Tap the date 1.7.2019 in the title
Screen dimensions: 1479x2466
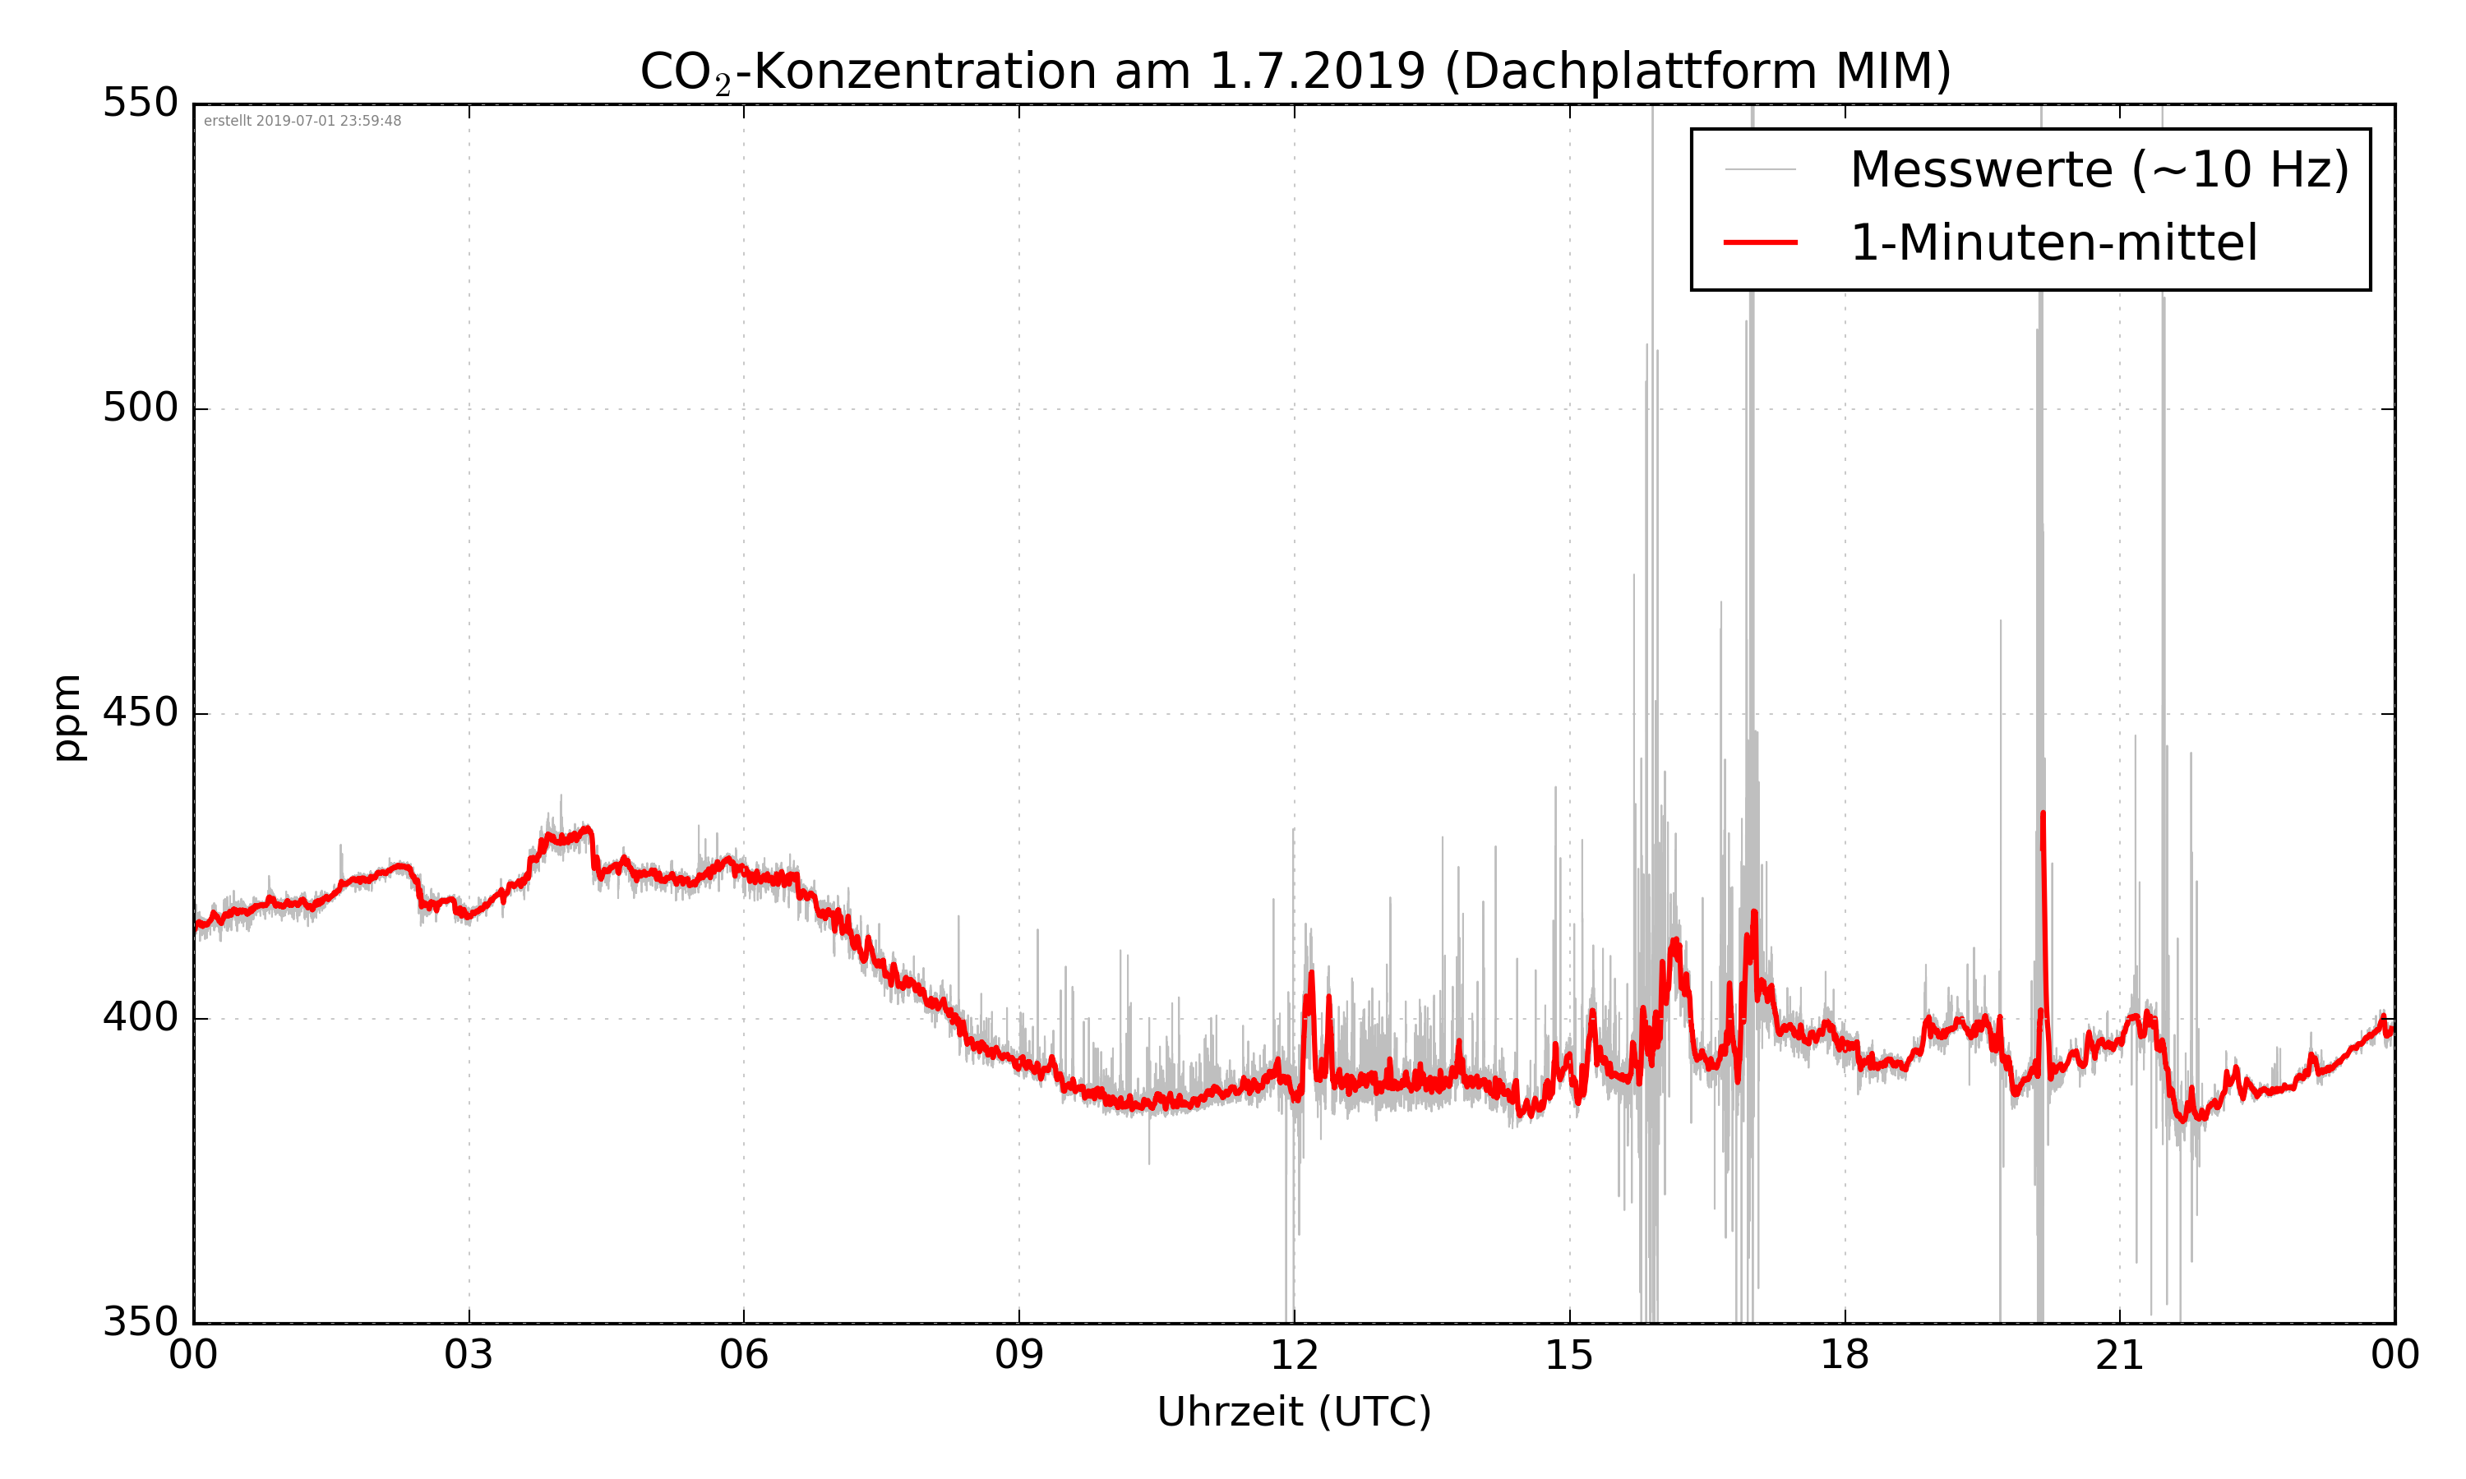[1317, 71]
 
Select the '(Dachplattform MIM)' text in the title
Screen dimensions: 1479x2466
[1697, 71]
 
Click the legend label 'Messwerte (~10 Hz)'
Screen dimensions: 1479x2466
[2099, 169]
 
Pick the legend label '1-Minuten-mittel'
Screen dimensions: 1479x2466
[2053, 243]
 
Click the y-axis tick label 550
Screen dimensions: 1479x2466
[141, 103]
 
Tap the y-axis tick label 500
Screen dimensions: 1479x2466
[141, 408]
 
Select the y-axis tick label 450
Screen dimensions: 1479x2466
[141, 712]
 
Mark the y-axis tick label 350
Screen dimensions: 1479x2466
[141, 1323]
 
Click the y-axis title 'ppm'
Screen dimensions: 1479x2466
[67, 716]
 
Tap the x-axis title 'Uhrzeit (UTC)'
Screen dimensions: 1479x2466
[1294, 1412]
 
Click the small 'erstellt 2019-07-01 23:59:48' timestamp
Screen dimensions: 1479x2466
[302, 122]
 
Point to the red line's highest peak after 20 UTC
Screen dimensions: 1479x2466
[2043, 813]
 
